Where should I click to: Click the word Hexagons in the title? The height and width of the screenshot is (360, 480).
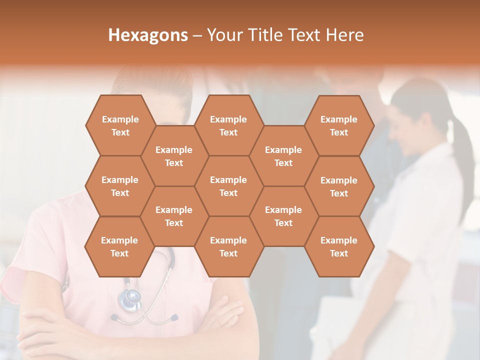148,35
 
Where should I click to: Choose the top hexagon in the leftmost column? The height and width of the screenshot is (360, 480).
120,125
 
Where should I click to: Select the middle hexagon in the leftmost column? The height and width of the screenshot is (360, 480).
120,186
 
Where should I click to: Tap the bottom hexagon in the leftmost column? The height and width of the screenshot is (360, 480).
119,246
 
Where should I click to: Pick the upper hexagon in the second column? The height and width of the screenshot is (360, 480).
174,156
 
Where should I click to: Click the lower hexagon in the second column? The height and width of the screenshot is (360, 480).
174,216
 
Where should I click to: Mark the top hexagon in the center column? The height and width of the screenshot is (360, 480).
228,125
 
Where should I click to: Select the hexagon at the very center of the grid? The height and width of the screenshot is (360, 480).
228,186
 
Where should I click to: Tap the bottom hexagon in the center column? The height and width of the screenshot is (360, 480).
228,246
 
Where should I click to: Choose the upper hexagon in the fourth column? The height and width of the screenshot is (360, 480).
283,156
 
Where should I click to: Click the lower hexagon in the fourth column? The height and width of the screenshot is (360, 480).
283,216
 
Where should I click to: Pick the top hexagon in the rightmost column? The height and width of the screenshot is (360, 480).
339,125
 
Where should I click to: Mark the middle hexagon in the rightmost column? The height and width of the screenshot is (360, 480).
339,186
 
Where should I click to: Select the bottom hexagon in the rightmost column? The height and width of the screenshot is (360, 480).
339,246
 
